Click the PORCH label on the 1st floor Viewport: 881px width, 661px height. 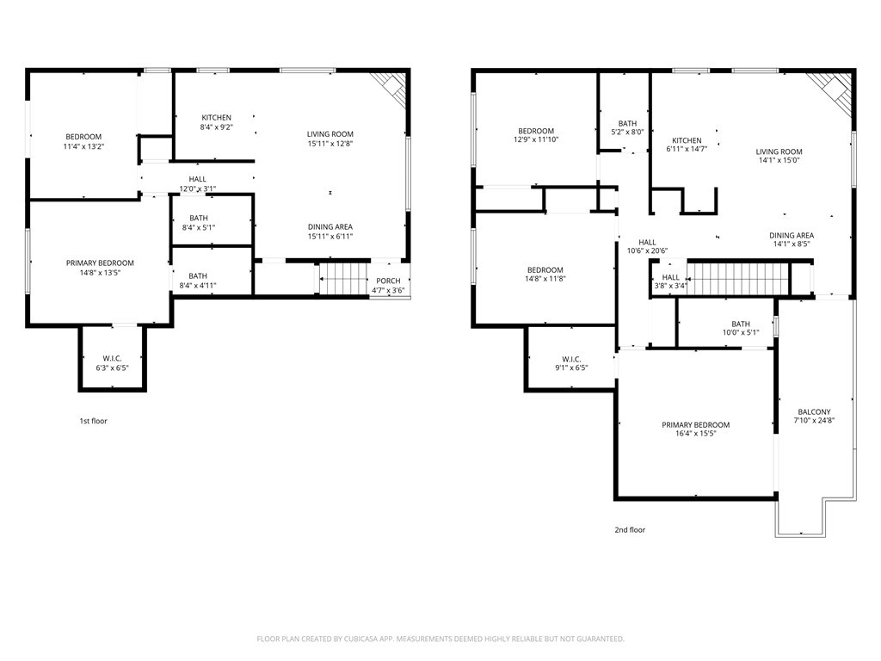389,281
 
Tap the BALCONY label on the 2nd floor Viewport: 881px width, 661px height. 814,412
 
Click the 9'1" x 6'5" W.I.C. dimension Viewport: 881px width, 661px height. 572,368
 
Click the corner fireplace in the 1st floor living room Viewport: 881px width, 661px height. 392,87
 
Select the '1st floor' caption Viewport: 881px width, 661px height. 93,422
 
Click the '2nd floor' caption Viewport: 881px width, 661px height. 630,530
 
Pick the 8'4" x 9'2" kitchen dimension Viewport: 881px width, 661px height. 217,127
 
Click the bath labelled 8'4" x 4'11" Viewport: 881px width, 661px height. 198,281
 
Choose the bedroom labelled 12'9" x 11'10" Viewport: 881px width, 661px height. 536,135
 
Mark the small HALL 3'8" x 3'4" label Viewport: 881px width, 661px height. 671,281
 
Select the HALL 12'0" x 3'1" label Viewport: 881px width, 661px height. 198,184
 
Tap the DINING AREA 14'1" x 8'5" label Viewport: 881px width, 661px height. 792,240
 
